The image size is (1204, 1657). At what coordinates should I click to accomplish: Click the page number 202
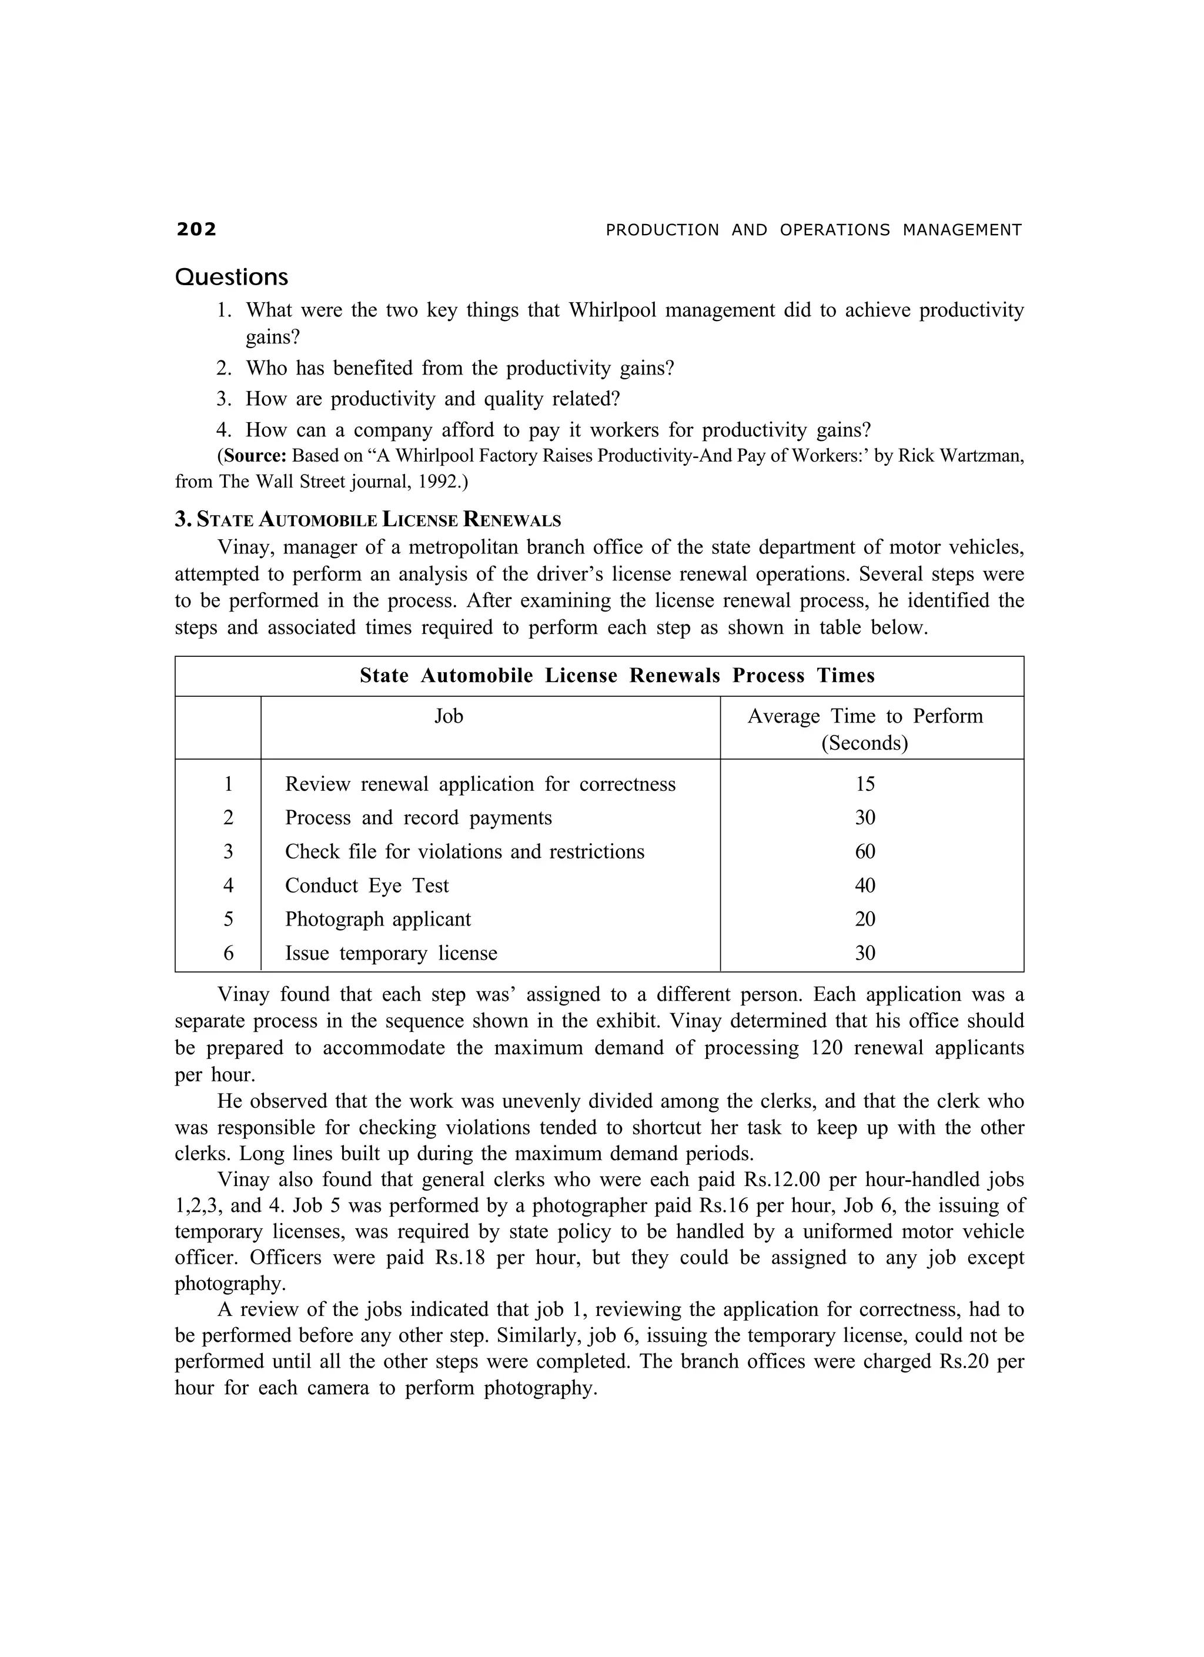click(x=196, y=229)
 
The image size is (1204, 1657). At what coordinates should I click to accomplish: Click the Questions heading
click(x=232, y=277)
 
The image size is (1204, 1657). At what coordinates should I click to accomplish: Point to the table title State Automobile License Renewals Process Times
click(x=617, y=676)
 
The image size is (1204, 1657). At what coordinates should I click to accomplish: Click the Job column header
click(x=449, y=716)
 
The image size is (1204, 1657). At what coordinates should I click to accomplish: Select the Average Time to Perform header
click(x=865, y=717)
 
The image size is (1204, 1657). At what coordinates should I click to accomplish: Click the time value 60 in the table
click(x=865, y=852)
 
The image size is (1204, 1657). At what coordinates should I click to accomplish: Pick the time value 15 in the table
click(x=865, y=784)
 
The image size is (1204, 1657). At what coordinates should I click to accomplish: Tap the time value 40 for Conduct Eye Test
click(x=865, y=886)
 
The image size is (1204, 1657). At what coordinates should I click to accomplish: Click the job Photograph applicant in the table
click(x=377, y=919)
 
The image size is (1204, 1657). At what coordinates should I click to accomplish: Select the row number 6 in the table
click(x=229, y=953)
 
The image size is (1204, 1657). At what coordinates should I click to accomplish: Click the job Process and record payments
click(x=418, y=819)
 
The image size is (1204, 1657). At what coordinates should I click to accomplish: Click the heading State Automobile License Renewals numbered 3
click(x=368, y=520)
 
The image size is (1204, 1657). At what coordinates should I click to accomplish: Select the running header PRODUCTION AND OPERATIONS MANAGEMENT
click(x=814, y=230)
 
